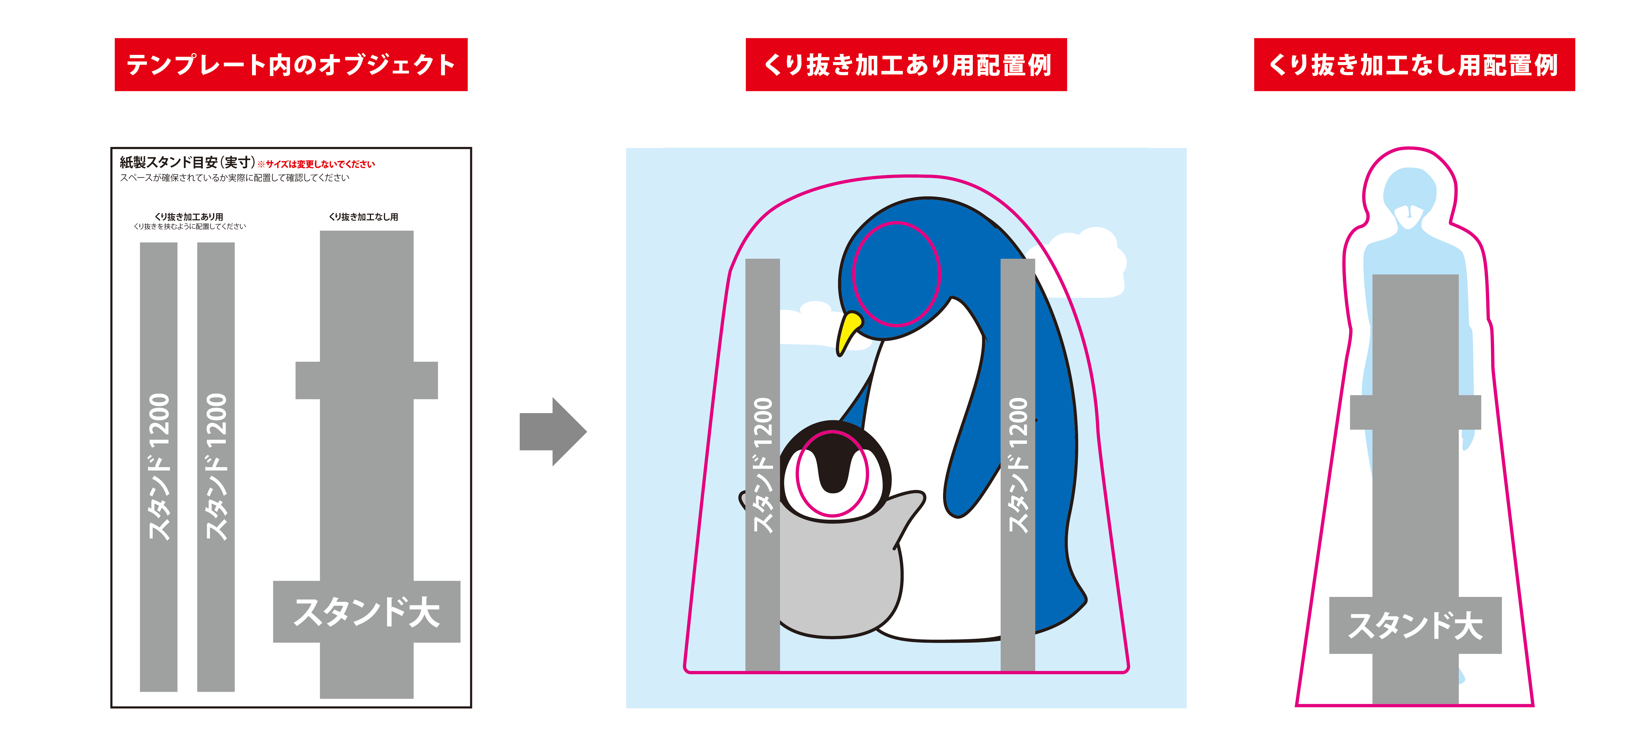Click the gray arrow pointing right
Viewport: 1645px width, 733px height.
pyautogui.click(x=552, y=432)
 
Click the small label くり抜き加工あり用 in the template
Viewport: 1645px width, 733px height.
pyautogui.click(x=189, y=217)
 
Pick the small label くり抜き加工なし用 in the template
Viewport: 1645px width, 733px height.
pyautogui.click(x=363, y=217)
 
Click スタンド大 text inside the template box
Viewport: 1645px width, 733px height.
pyautogui.click(x=366, y=612)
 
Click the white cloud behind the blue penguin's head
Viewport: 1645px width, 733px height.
pyautogui.click(x=1086, y=262)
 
